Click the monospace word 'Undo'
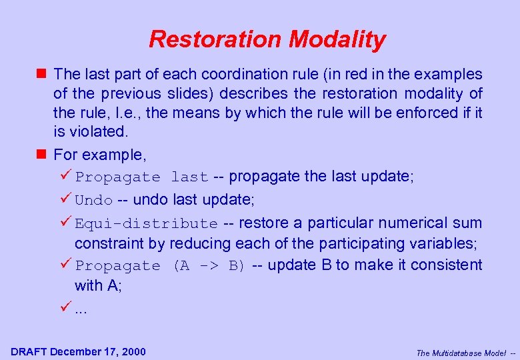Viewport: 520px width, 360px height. point(94,200)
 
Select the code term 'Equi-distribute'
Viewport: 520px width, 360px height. point(146,223)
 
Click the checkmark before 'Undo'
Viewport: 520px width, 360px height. point(65,199)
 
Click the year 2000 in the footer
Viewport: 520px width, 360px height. point(133,351)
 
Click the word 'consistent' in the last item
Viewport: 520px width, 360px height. point(446,265)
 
